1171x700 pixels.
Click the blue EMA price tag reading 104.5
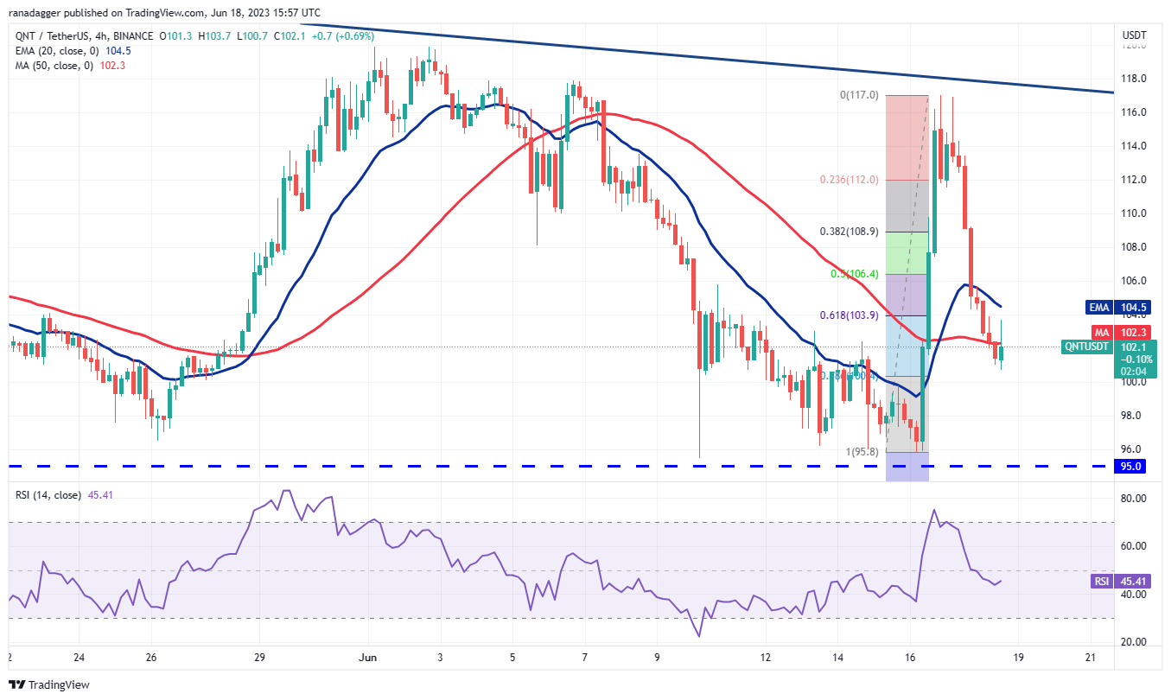coord(1132,306)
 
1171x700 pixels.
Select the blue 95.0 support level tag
coord(1132,467)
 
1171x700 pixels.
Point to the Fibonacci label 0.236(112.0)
coord(850,180)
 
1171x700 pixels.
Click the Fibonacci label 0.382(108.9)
coord(850,232)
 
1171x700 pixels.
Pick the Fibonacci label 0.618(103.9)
coord(850,315)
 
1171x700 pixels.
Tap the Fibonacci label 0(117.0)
coord(859,95)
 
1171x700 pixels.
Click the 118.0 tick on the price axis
coord(1133,79)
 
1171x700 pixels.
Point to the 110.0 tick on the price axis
coord(1133,213)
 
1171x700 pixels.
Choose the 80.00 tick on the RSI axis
coord(1133,499)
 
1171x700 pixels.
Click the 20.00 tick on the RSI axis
coord(1133,642)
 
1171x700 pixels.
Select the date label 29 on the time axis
coord(259,658)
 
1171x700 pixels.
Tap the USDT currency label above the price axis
coord(1133,35)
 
